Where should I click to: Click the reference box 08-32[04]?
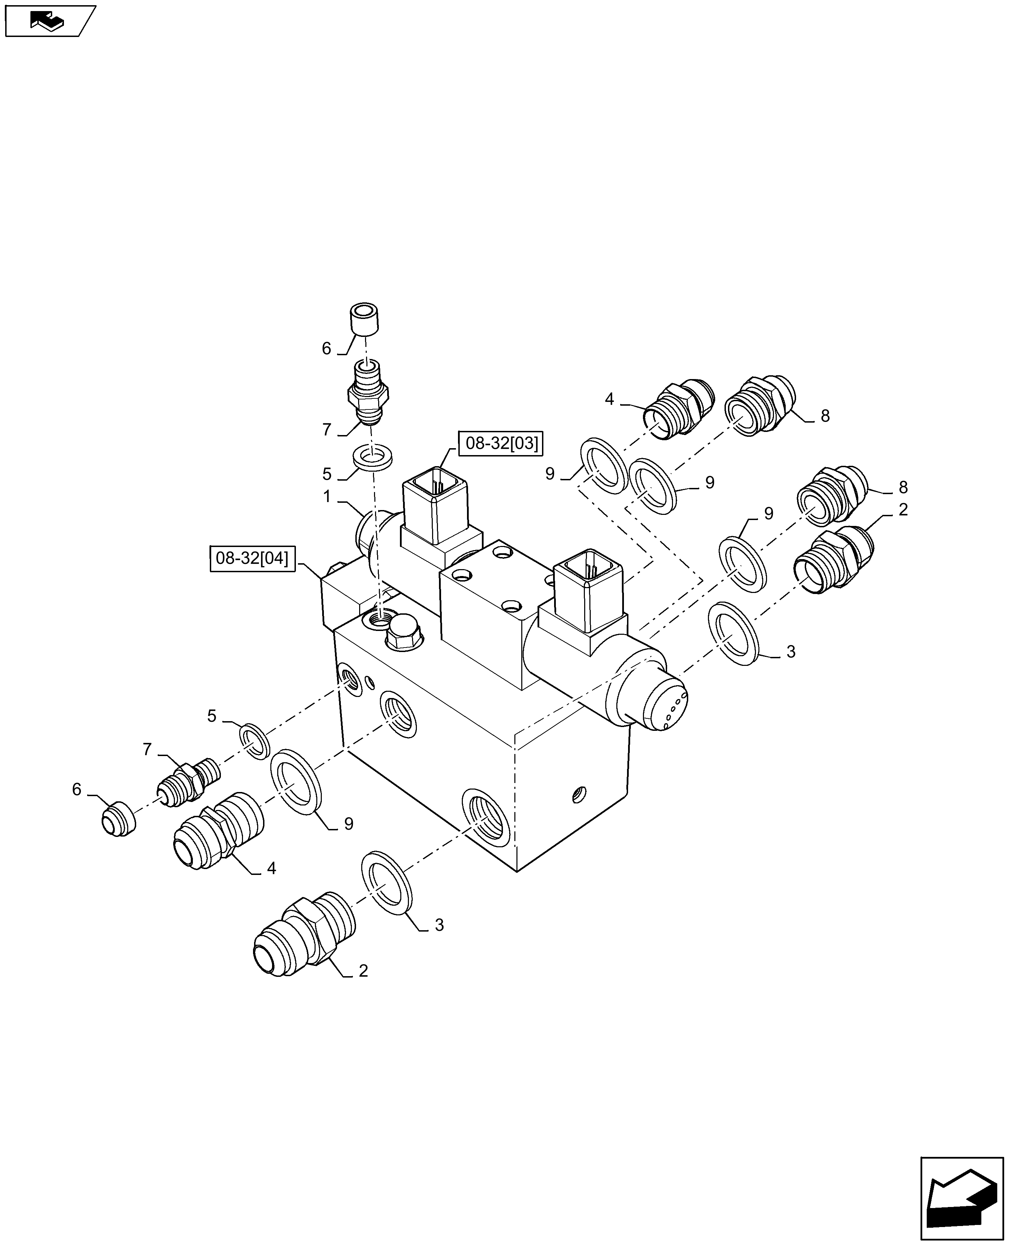click(x=252, y=559)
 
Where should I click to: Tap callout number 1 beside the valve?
click(x=327, y=497)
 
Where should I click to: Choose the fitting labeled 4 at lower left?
click(x=218, y=830)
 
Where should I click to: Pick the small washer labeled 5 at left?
click(x=254, y=741)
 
